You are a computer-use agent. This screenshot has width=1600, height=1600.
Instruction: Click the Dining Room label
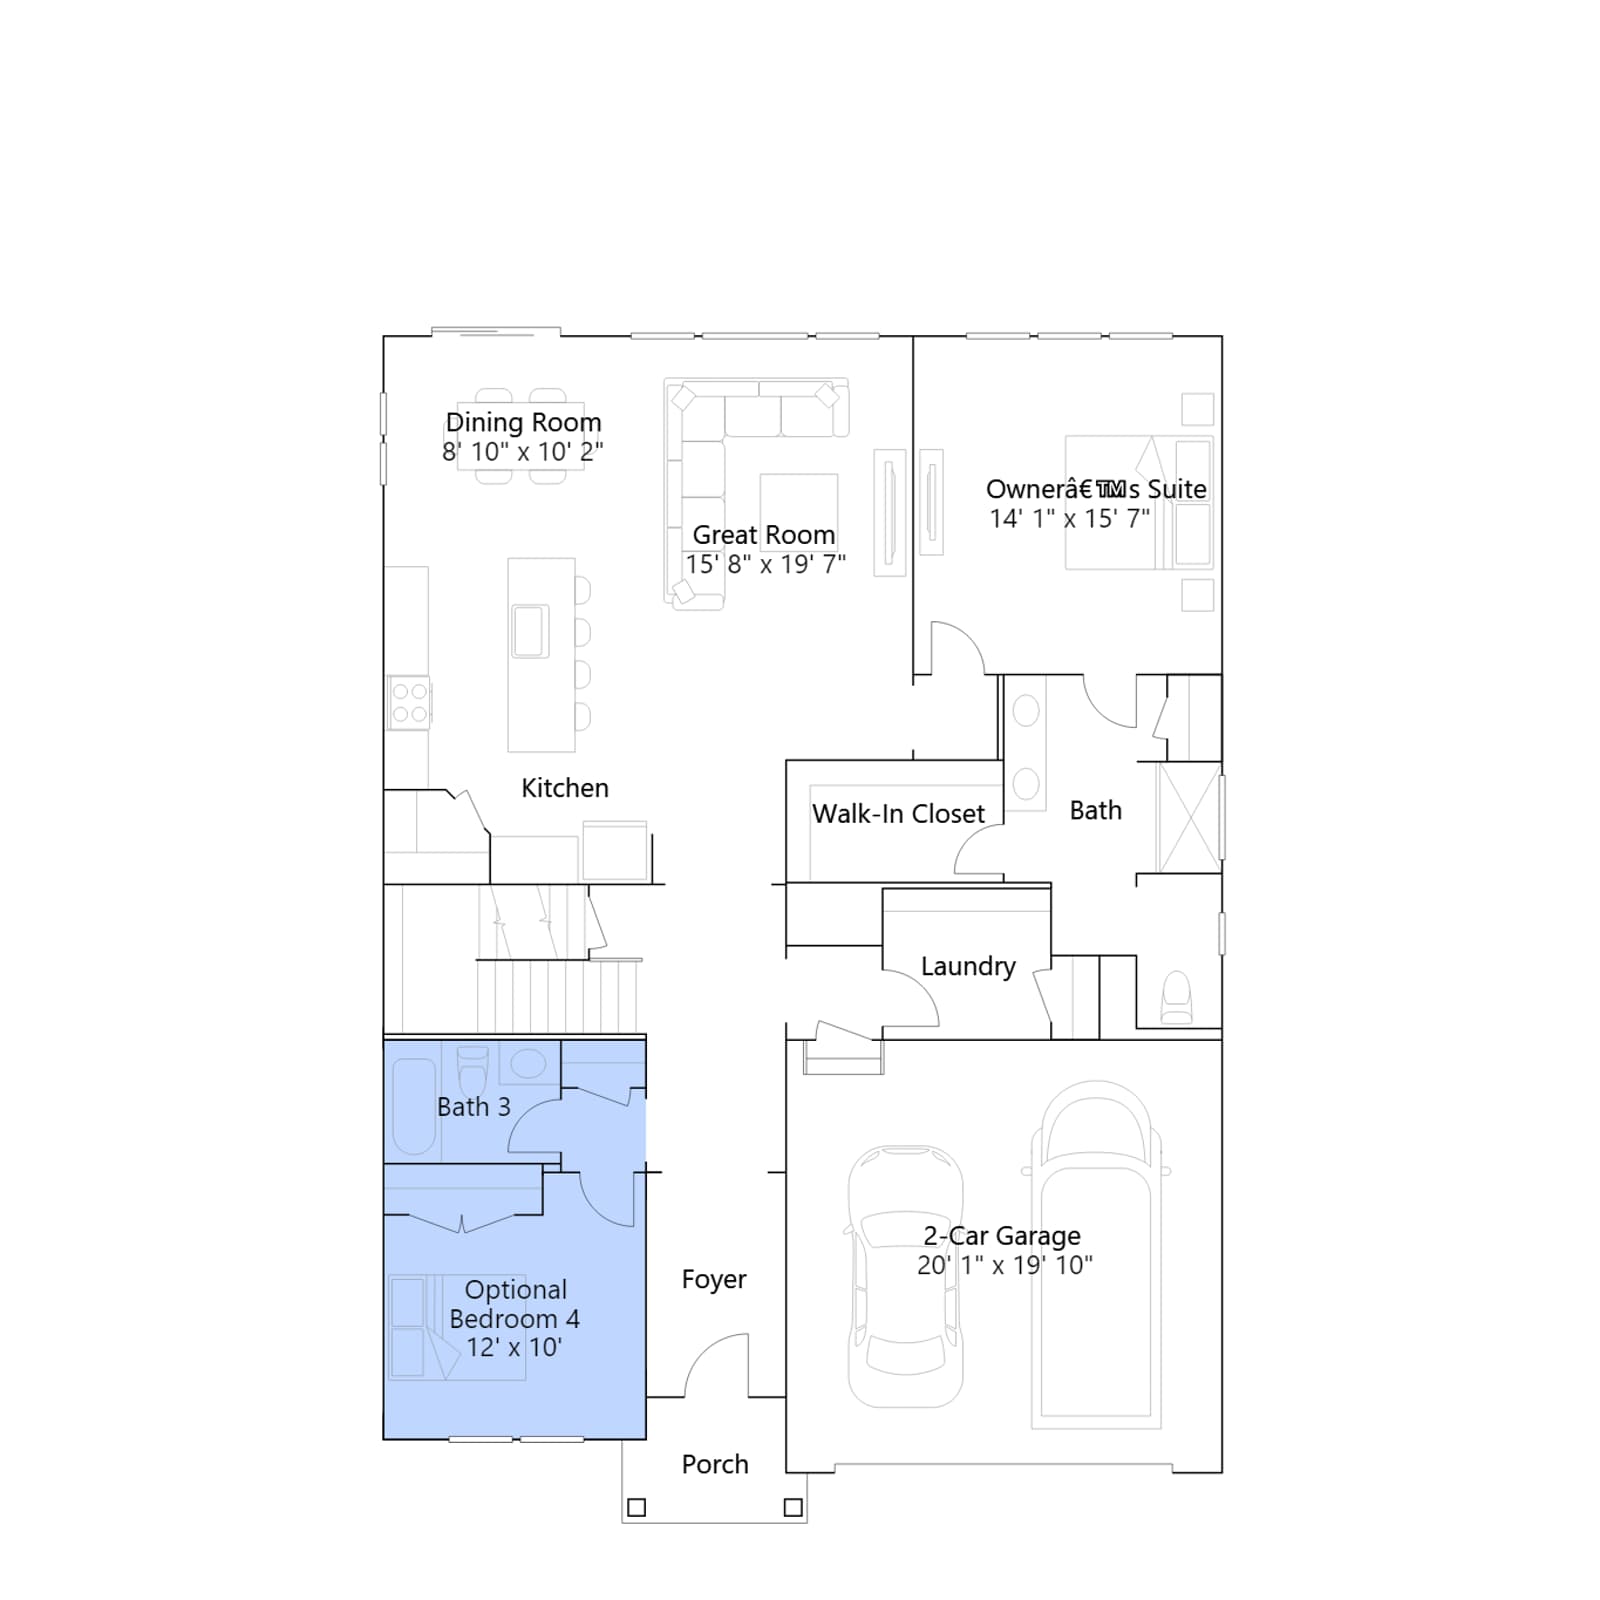(523, 423)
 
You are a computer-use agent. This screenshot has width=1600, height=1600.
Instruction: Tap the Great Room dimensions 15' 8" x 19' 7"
(765, 565)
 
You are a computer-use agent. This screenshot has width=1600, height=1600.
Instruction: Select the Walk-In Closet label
(898, 814)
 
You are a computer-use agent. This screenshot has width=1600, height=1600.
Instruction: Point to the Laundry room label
(968, 967)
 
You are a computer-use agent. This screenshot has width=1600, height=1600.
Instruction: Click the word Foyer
(714, 1280)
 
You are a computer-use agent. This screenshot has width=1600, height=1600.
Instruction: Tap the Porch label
(715, 1464)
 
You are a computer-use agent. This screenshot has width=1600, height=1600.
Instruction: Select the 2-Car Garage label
(1002, 1236)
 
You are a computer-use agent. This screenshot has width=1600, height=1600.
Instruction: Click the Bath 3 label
(474, 1107)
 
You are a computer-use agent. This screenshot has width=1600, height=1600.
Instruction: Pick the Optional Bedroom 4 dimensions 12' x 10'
(514, 1348)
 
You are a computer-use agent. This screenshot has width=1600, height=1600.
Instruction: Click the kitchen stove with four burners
(409, 702)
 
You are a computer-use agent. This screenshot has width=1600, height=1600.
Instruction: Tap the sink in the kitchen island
(530, 631)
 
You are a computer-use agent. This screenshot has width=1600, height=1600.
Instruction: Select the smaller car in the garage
(906, 1276)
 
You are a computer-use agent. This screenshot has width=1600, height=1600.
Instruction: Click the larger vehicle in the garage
(1096, 1254)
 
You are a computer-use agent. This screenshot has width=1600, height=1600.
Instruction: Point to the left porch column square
(636, 1507)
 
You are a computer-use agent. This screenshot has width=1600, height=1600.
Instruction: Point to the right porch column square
(793, 1507)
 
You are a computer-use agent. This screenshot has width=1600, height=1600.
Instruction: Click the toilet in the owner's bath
(1177, 998)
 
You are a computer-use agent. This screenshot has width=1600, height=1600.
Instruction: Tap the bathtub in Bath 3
(413, 1107)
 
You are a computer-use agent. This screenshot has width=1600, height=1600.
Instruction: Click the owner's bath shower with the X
(1189, 817)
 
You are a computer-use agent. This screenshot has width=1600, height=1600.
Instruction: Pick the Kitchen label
(565, 788)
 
